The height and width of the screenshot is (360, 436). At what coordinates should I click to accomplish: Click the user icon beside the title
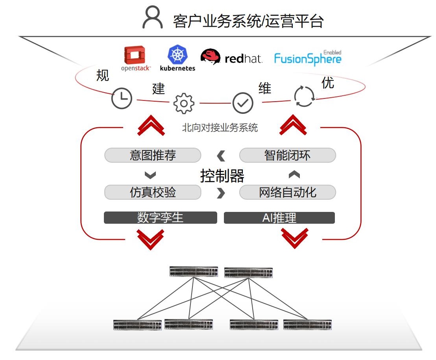(152, 18)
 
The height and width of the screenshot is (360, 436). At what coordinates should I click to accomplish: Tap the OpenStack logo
(135, 59)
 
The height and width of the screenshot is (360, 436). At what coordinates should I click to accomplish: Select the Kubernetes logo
(177, 58)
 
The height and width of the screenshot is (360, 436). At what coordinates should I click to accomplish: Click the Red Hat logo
(231, 58)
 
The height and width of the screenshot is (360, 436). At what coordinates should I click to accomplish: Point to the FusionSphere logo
(308, 58)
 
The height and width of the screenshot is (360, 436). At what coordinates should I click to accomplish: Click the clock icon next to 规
(122, 98)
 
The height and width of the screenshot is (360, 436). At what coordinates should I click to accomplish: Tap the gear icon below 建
(184, 103)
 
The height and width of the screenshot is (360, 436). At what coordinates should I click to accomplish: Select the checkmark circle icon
(243, 103)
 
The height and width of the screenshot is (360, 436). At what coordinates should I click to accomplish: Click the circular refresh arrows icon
(305, 96)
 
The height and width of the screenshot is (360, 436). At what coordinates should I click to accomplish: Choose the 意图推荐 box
(153, 155)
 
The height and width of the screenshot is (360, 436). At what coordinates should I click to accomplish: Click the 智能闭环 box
(287, 155)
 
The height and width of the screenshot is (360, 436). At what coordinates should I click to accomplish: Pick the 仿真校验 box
(153, 192)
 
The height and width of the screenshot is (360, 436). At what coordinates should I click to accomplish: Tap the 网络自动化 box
(287, 192)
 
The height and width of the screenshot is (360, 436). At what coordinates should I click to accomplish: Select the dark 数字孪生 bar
(160, 218)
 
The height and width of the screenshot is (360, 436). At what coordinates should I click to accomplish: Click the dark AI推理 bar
(279, 218)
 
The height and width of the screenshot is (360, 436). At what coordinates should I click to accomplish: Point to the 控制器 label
(222, 176)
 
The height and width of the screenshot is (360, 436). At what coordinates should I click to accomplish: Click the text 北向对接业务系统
(220, 128)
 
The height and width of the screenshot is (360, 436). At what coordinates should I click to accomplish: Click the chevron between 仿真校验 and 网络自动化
(221, 193)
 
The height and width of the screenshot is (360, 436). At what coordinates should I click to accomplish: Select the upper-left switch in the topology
(194, 271)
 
